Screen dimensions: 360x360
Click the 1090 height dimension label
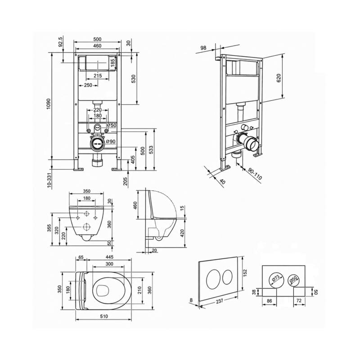(48, 104)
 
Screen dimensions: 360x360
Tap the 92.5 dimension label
(61, 41)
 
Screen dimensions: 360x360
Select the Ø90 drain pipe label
(111, 141)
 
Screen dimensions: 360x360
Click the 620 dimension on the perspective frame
(279, 78)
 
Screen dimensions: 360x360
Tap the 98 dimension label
(203, 48)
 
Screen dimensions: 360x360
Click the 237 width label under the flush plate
(220, 301)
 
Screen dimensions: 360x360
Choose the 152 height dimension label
(245, 272)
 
